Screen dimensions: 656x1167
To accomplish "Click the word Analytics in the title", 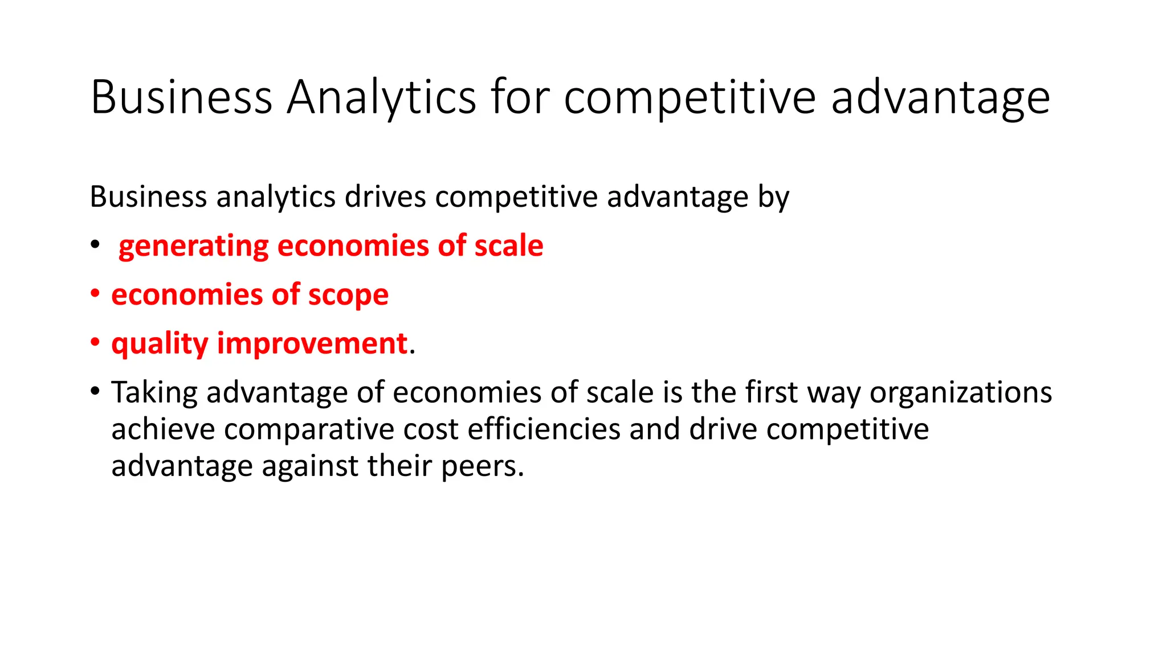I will pos(381,97).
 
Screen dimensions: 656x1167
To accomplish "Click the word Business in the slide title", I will pos(181,97).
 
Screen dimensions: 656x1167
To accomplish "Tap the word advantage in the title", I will pos(940,97).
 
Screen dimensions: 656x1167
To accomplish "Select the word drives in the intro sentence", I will pos(385,197).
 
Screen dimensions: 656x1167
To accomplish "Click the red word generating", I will pos(193,247).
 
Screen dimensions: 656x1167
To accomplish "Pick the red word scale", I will pos(508,246).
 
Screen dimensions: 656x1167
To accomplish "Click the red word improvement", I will pos(312,344).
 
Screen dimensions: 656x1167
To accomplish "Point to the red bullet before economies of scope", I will pos(95,294).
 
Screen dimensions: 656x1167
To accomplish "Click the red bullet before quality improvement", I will pos(95,343).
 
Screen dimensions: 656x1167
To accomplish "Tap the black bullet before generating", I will pos(95,245).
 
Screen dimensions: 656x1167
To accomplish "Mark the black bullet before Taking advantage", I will pos(95,392).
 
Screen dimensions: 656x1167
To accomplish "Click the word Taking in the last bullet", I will pos(154,393).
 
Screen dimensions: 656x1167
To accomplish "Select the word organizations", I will pos(960,393).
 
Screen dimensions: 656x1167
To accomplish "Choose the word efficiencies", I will pos(544,429).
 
